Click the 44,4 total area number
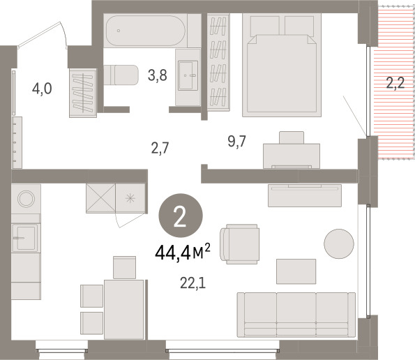pos(173,253)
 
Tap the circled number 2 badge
pos(181,215)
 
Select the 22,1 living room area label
pos(193,284)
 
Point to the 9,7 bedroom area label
pos(236,142)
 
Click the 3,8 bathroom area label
pos(157,75)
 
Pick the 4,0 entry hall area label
pos(42,89)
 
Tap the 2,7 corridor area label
pos(160,148)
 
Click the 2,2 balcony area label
pos(395,83)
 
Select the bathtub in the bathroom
pos(145,31)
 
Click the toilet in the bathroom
pos(121,75)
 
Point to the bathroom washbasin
pos(188,76)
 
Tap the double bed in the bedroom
pos(282,65)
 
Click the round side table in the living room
pos(339,243)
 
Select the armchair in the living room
pos(239,244)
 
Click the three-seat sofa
pos(296,315)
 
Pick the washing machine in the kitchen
pos(26,199)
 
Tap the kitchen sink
pos(26,238)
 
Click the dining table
pos(124,310)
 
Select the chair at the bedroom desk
pos(292,137)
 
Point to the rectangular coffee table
pos(296,271)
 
